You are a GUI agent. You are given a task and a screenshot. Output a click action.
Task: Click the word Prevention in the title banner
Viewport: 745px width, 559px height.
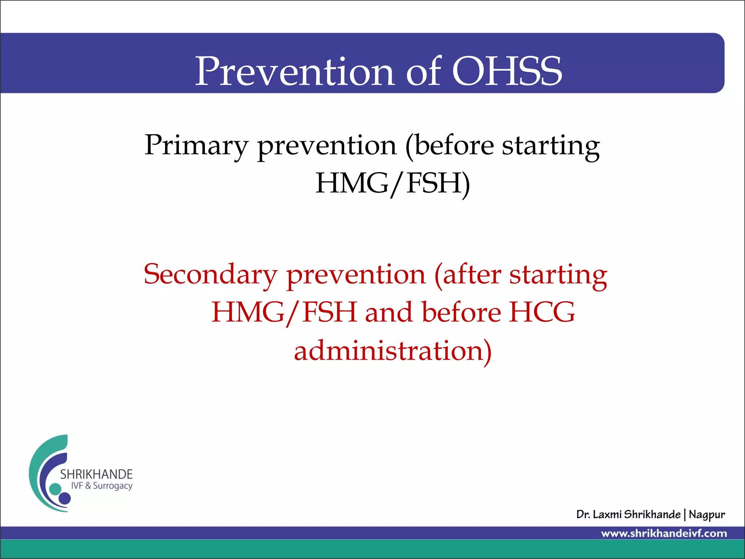point(295,71)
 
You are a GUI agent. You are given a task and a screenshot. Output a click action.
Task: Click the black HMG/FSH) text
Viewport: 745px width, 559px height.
point(393,183)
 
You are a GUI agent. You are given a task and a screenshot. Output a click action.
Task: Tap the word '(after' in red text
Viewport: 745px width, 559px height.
point(467,275)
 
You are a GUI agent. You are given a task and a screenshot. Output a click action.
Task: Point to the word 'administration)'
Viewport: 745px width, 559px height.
point(393,351)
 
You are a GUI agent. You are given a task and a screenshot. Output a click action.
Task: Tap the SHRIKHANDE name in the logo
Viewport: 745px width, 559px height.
point(96,474)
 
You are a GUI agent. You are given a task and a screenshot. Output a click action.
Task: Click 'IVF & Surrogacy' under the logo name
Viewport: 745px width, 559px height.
point(101,486)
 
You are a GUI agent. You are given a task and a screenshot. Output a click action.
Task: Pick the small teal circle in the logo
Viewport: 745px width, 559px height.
point(55,489)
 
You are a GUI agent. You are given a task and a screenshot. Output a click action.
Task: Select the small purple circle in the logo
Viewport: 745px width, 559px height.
point(65,498)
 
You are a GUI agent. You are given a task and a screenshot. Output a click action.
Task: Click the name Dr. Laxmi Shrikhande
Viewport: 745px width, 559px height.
point(628,514)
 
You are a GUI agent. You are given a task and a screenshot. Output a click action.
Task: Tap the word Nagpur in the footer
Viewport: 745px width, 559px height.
point(706,515)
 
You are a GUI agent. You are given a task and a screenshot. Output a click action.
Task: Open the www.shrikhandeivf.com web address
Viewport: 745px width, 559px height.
point(664,534)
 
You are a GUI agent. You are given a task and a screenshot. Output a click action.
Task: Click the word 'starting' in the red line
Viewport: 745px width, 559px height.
point(558,275)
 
